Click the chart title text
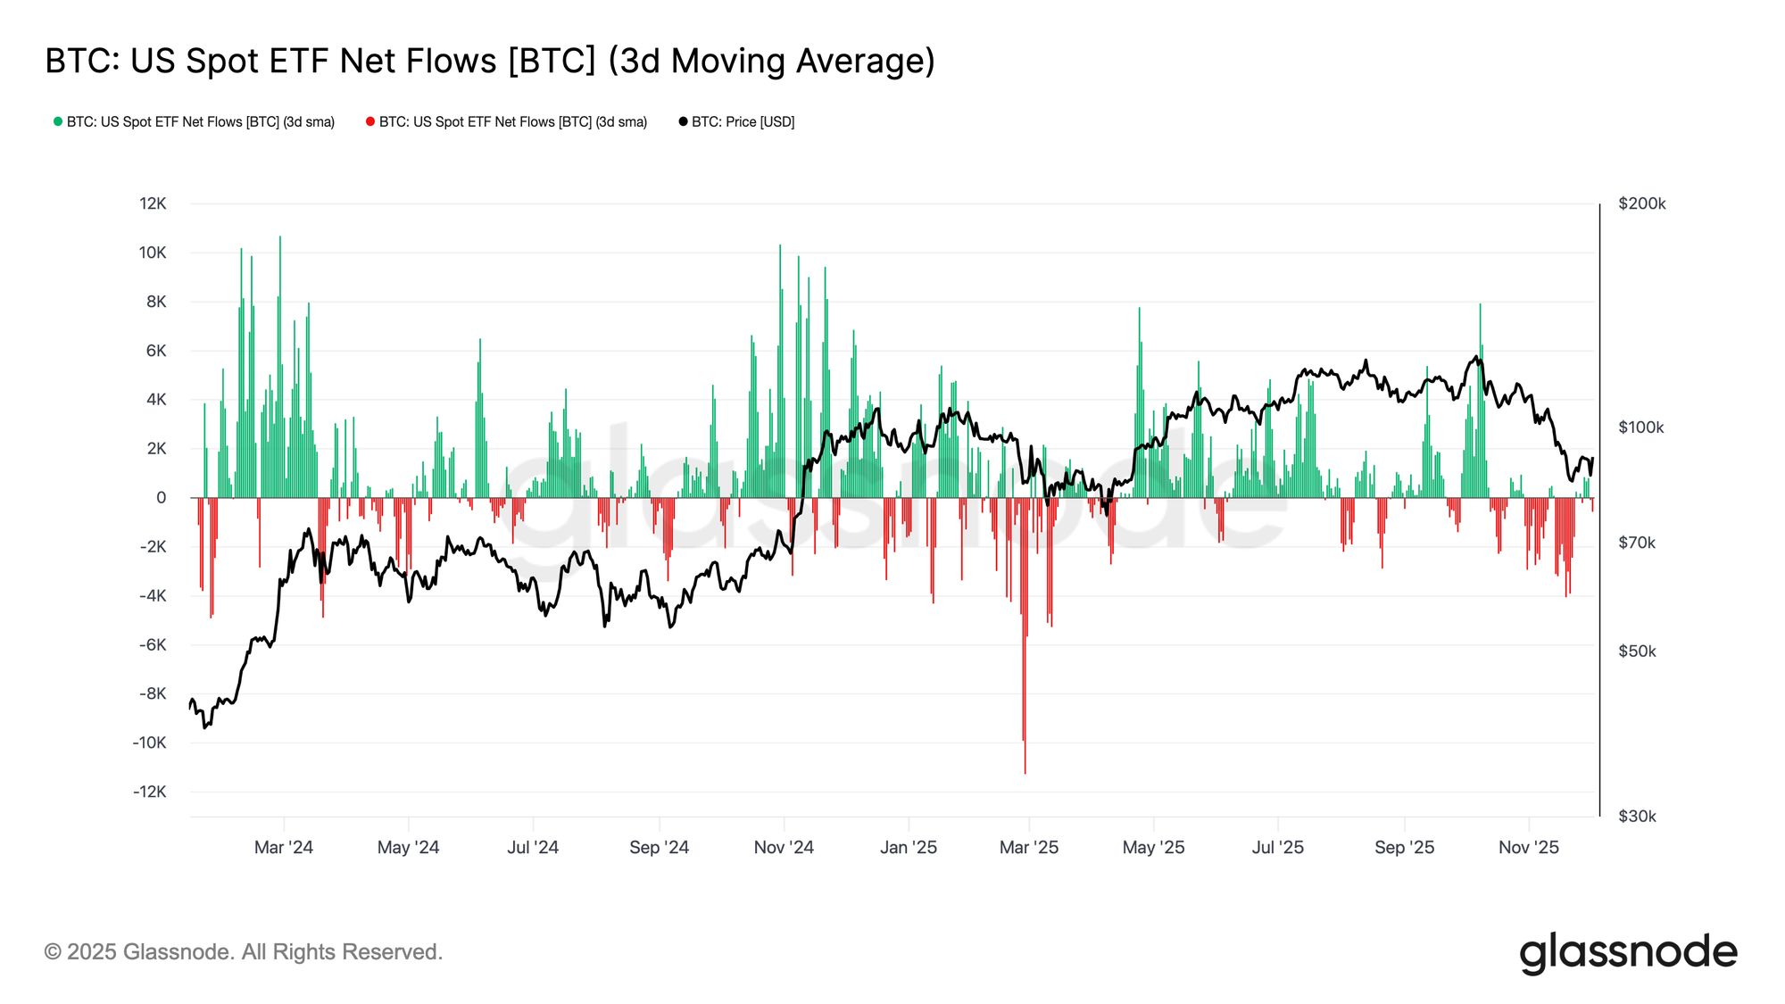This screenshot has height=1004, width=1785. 490,61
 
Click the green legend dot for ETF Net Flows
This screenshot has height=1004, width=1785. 58,121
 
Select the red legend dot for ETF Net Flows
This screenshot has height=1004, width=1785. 370,121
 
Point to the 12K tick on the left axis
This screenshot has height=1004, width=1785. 153,203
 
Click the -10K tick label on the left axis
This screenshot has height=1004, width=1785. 149,743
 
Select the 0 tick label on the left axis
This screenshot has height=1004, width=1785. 161,498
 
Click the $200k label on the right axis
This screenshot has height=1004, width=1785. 1641,203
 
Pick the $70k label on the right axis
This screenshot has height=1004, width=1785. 1636,543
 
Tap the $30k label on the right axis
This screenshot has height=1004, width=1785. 1636,816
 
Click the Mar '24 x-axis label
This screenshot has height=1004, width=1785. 283,847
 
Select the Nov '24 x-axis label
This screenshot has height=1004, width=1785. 784,847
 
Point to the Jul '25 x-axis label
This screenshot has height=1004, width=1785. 1277,847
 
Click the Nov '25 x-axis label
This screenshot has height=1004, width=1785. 1528,847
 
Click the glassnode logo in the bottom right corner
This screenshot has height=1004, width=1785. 1628,952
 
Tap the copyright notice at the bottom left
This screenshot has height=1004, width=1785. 243,952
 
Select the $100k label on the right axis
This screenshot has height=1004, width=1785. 1640,427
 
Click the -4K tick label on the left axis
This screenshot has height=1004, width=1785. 152,595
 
